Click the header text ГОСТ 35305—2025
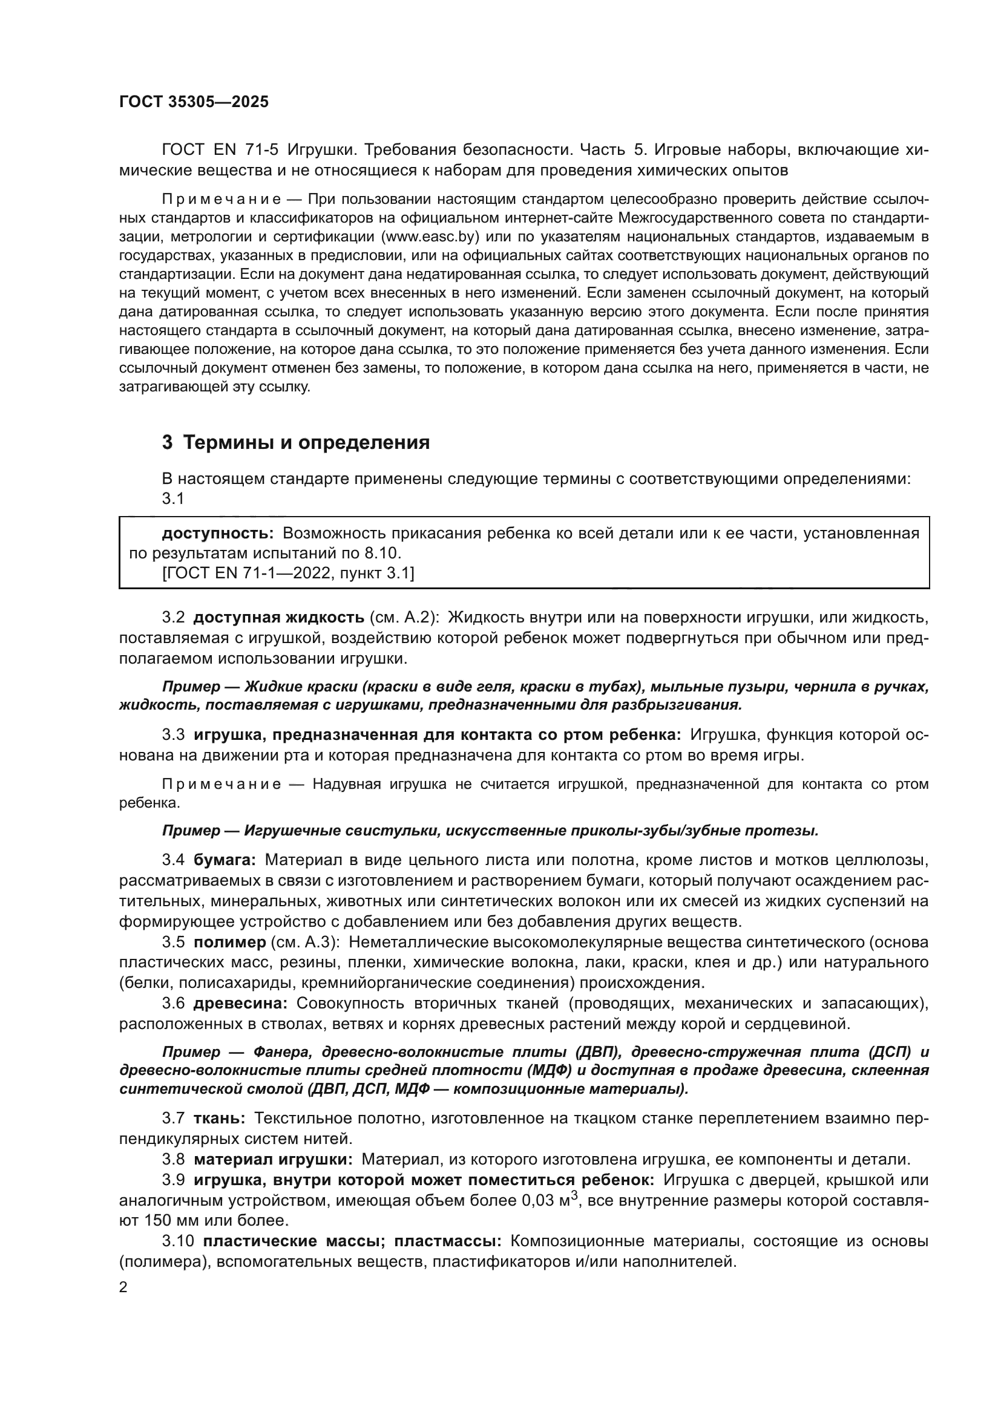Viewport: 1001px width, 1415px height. click(x=194, y=102)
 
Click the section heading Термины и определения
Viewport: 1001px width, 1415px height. click(x=306, y=442)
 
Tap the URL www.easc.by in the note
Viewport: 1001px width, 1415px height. click(x=430, y=237)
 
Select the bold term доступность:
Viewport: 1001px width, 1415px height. click(x=218, y=533)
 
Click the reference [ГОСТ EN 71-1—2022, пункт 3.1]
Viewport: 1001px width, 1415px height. click(x=288, y=573)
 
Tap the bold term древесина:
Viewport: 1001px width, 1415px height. click(x=240, y=1003)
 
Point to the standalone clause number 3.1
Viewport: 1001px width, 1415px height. click(x=173, y=498)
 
